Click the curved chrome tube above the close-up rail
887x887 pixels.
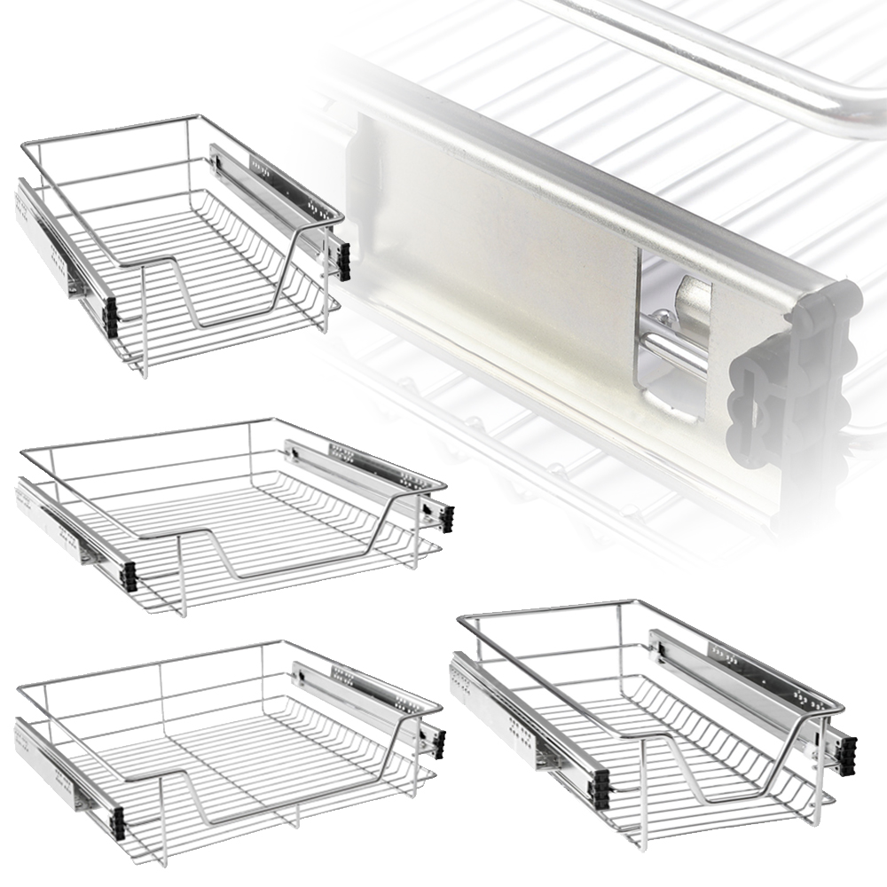(754, 62)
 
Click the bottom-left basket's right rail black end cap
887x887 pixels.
(439, 743)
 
